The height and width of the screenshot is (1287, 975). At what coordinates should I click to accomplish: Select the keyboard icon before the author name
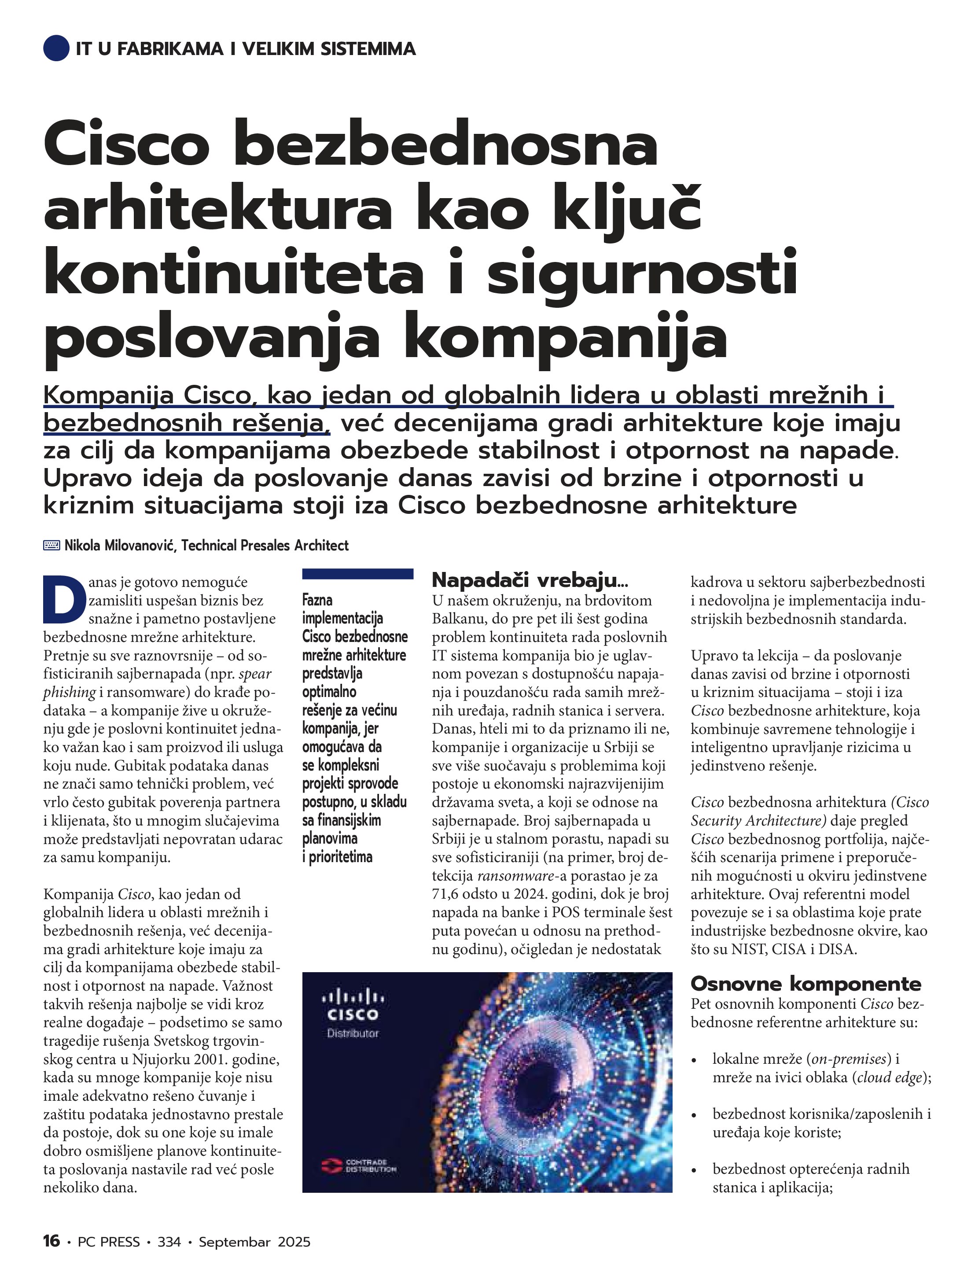tap(52, 545)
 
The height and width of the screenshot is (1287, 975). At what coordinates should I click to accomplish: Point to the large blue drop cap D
tap(62, 599)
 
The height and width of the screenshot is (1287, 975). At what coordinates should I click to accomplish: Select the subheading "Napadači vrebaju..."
tap(530, 580)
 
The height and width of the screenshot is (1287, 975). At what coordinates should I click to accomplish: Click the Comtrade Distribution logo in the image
tap(359, 1165)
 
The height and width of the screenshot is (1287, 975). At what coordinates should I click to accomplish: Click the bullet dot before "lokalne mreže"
tap(693, 1061)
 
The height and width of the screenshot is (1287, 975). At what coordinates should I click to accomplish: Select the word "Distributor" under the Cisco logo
tap(353, 1033)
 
